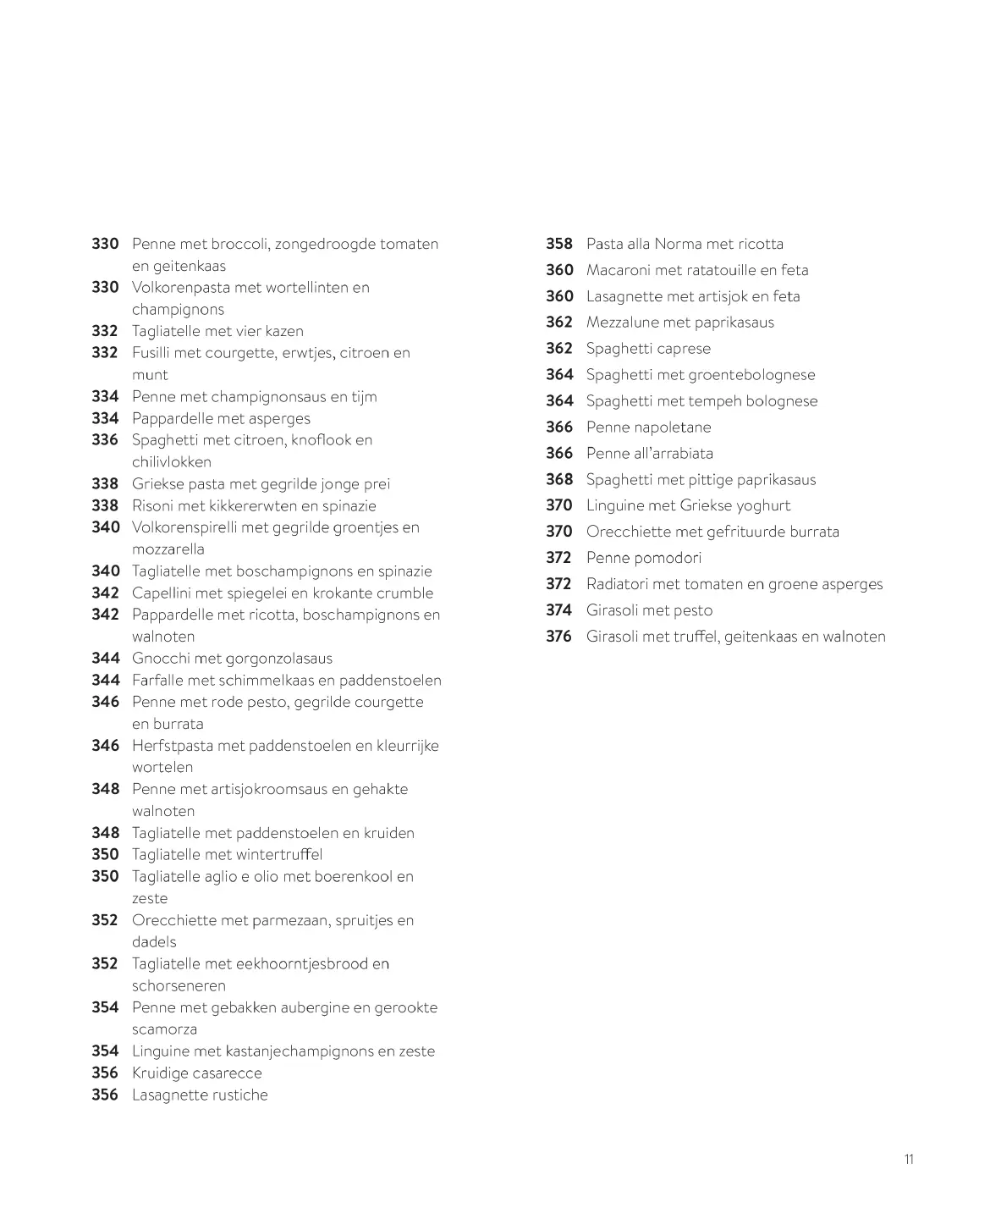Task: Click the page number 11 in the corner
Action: [x=909, y=1160]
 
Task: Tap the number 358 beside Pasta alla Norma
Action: [x=559, y=244]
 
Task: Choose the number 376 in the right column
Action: [x=559, y=637]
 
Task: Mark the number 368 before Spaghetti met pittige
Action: [x=559, y=480]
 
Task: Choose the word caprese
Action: [x=683, y=349]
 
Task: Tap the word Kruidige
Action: [x=161, y=1073]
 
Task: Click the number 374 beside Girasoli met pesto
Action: [x=559, y=610]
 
